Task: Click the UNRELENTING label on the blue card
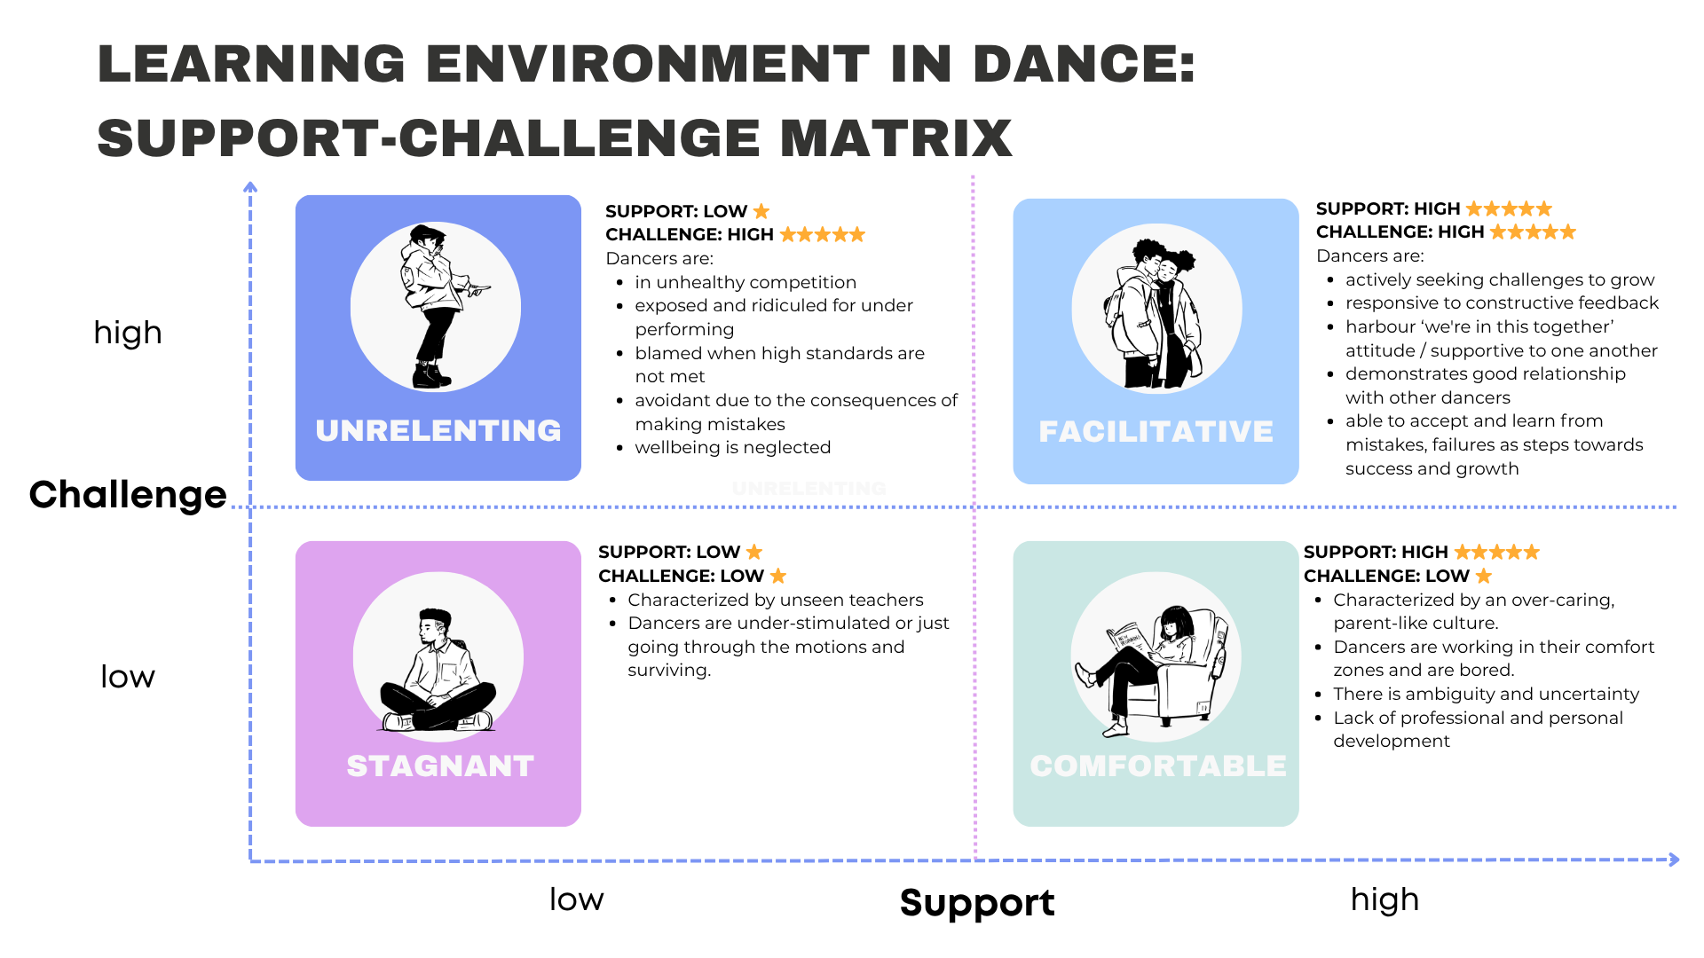pos(438,431)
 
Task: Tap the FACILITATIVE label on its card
pos(1156,432)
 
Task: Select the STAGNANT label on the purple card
pos(440,766)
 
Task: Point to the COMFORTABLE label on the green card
pos(1157,766)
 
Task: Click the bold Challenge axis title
pos(128,495)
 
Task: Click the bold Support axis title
pos(977,903)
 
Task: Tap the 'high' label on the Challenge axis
pos(128,333)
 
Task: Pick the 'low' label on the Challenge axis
pos(128,677)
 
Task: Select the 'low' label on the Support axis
pos(577,899)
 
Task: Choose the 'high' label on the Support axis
pos(1384,899)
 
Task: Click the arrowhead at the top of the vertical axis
pos(250,186)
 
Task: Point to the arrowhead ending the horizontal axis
pos(1674,860)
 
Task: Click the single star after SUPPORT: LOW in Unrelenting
pos(761,211)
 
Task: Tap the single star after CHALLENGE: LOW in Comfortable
pos(1484,576)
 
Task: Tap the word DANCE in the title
pos(1085,64)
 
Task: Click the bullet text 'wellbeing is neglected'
pos(733,448)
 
